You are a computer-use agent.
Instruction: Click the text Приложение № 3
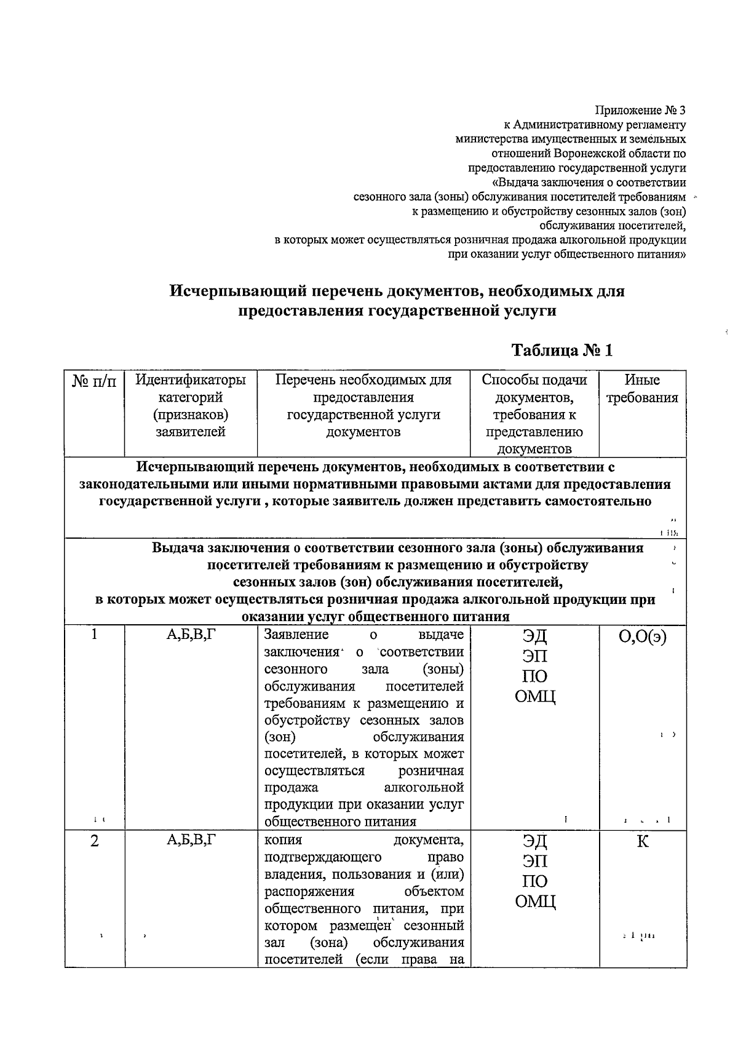pos(640,111)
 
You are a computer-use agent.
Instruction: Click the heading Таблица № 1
pos(562,351)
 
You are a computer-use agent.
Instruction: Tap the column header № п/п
pos(94,381)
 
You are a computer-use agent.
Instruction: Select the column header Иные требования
pos(642,389)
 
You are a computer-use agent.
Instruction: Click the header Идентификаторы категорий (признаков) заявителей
pos(191,406)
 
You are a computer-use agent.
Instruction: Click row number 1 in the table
pos(94,635)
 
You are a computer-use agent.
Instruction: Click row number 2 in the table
pos(94,841)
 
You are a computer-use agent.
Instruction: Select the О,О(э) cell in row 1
pos(642,636)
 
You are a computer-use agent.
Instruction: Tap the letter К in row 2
pos(642,841)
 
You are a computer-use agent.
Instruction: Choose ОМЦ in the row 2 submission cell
pos(534,902)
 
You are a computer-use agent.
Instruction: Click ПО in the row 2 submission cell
pos(534,881)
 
